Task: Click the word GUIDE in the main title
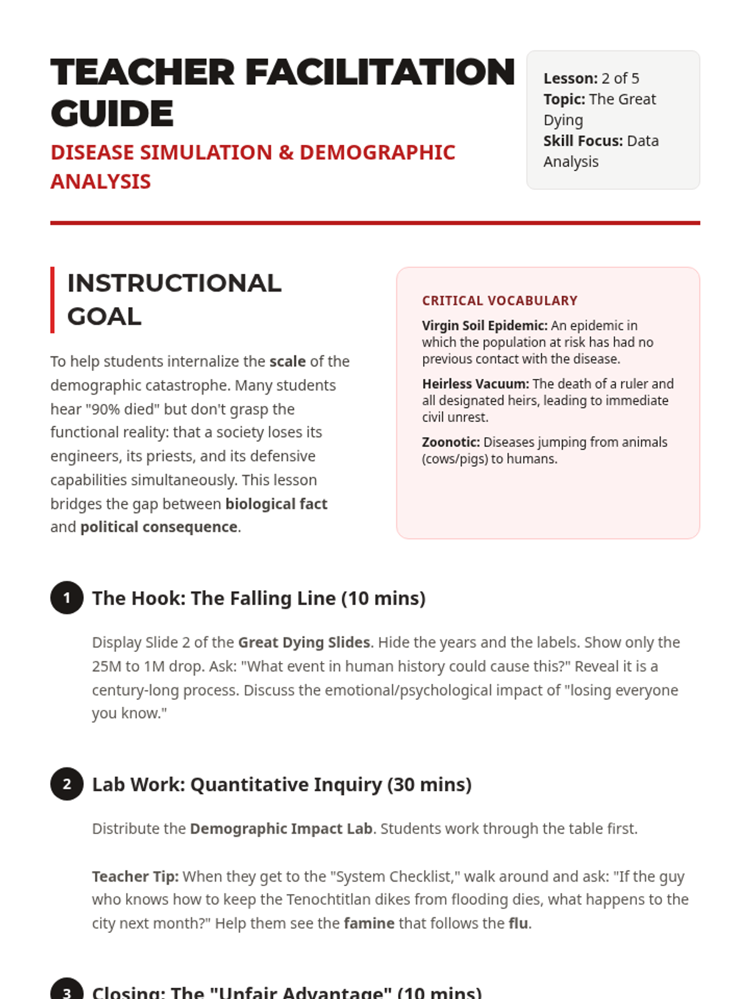(x=112, y=114)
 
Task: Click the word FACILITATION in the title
(x=380, y=72)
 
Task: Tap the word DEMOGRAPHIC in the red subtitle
(x=377, y=153)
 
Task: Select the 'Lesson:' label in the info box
(x=571, y=79)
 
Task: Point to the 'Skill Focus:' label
(x=583, y=141)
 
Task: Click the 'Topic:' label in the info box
(x=564, y=99)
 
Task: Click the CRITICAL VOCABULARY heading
(x=499, y=301)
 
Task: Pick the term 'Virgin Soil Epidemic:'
(x=484, y=326)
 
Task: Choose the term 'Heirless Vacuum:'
(x=475, y=384)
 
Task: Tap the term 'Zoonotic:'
(x=451, y=443)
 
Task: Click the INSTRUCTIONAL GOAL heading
(x=174, y=300)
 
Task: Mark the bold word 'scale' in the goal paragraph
(x=287, y=362)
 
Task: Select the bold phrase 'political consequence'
(x=159, y=527)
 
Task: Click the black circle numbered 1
(x=67, y=598)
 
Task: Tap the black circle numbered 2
(x=67, y=784)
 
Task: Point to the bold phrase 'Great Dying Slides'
(x=304, y=642)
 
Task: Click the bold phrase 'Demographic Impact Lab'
(x=281, y=829)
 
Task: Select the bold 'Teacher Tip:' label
(x=135, y=877)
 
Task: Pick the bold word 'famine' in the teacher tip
(x=369, y=923)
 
